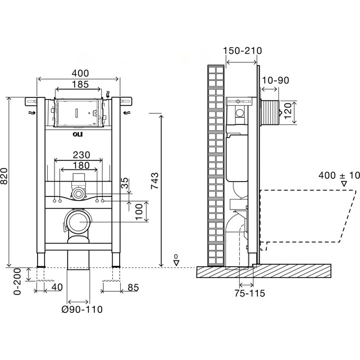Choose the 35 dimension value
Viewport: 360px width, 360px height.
[x=125, y=185]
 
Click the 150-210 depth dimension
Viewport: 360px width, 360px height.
[x=242, y=51]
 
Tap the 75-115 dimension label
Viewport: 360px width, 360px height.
[x=250, y=293]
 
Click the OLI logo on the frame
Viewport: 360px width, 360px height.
[x=78, y=135]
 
